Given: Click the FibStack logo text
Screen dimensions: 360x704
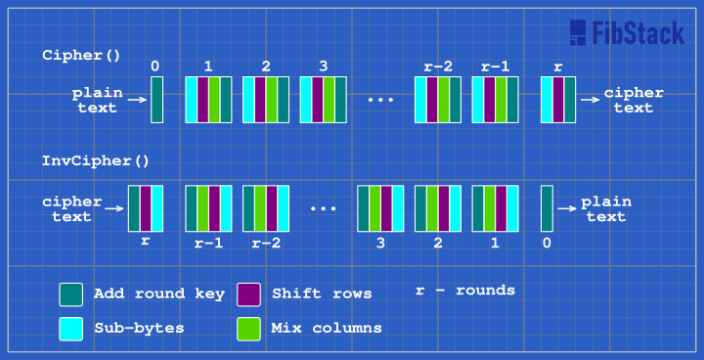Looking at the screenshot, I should (x=637, y=34).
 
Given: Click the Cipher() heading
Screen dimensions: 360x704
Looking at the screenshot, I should (x=83, y=56).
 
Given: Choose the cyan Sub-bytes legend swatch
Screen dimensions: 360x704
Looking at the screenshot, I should (x=70, y=329).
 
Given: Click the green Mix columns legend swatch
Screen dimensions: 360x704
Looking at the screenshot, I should (x=249, y=329).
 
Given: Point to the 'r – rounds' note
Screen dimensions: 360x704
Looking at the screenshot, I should (x=464, y=291).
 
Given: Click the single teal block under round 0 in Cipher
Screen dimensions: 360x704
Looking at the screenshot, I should (x=156, y=100).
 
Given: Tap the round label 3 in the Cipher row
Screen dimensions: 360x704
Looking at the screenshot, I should (x=323, y=67).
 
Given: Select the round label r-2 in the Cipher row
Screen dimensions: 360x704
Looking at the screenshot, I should (x=437, y=67).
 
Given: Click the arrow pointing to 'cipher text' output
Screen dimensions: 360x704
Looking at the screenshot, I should (x=589, y=100).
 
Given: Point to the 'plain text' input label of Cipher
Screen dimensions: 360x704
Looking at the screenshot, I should (x=96, y=100).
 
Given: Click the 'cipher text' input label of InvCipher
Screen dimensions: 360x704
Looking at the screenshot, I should (x=72, y=208).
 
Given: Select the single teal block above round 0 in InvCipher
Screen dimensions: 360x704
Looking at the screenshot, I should (x=547, y=207).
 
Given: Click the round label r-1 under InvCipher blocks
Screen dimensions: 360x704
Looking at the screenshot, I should (x=207, y=242).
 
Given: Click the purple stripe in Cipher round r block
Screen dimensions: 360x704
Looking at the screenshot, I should (x=557, y=100).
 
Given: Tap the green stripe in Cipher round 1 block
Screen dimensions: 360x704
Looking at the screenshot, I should (x=214, y=100).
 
